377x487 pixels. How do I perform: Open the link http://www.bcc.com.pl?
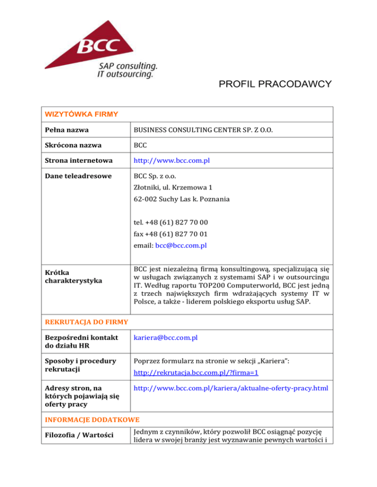[x=170, y=160]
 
